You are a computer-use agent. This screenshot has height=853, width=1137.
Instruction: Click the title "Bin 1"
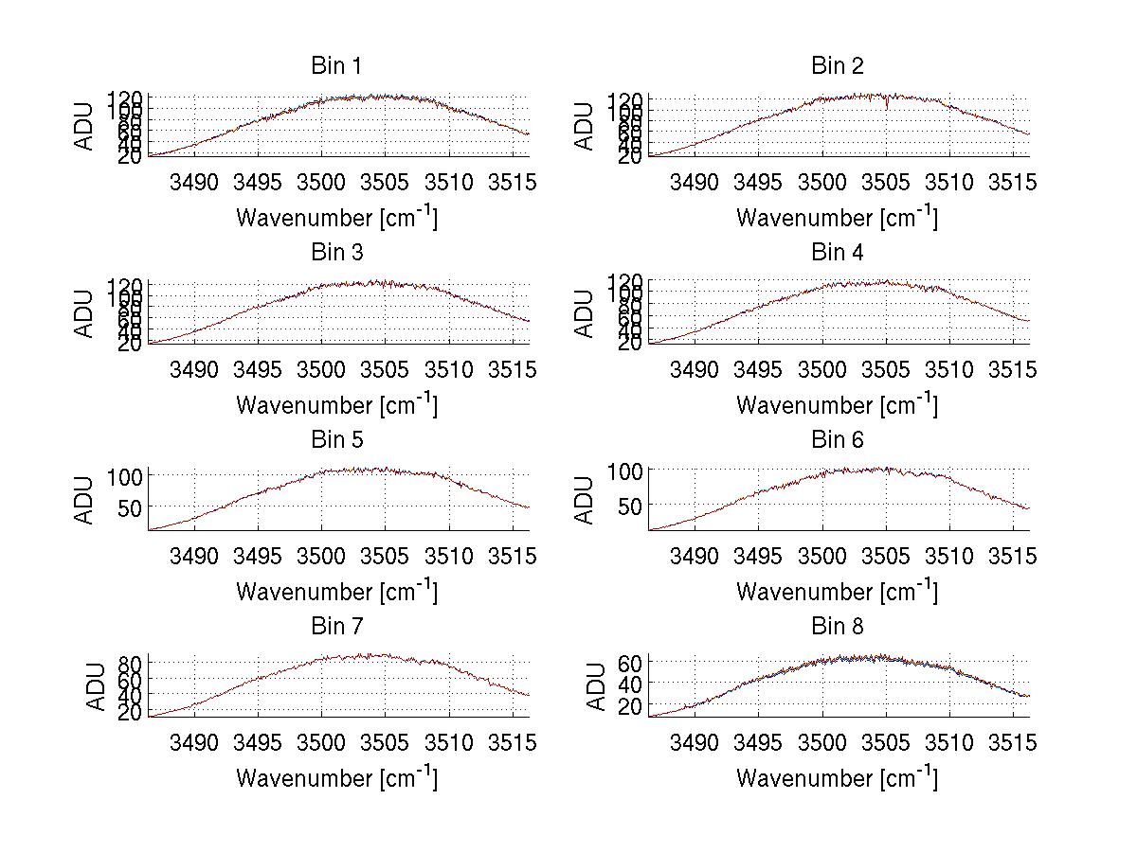tap(336, 66)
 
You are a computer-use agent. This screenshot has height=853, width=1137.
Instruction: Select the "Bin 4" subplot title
tap(837, 253)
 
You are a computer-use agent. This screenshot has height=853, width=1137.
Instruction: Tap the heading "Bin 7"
tap(336, 627)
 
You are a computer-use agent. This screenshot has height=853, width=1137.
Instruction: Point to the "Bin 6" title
tap(837, 440)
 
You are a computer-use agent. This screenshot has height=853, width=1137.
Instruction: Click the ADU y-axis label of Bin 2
tap(585, 126)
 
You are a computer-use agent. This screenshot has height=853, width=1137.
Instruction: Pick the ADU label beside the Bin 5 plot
tap(84, 500)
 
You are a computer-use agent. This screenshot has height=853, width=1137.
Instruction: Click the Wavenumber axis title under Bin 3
tap(336, 404)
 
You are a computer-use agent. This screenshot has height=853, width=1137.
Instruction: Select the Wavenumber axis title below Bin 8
tap(837, 777)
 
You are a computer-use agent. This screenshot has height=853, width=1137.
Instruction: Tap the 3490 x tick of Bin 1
tap(193, 183)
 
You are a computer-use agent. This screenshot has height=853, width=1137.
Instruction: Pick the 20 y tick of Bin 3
tap(131, 344)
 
